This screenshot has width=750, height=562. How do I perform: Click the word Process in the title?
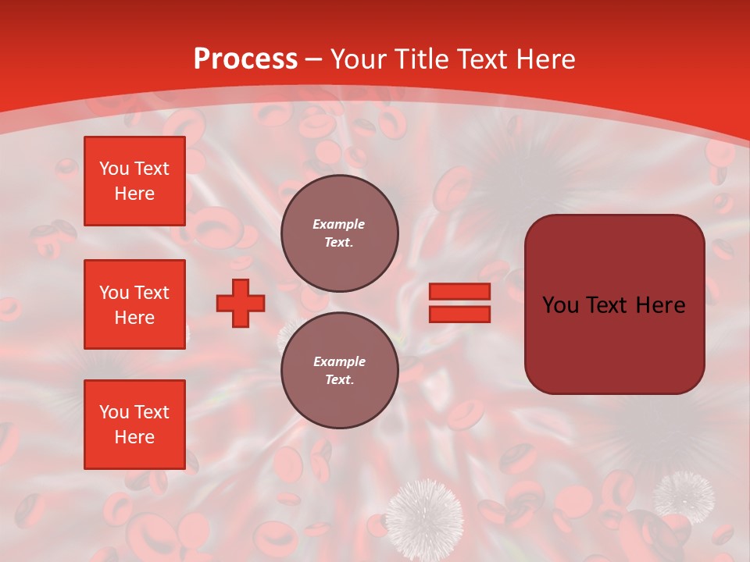(x=245, y=59)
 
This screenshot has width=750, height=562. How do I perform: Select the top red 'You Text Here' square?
(x=134, y=181)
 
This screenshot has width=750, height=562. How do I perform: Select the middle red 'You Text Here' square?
(x=134, y=304)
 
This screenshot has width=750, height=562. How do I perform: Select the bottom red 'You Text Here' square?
(x=134, y=425)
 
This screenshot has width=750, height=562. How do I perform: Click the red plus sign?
(x=241, y=303)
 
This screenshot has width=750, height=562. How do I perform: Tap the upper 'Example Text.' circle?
(x=339, y=233)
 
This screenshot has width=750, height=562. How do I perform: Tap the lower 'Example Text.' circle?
(x=339, y=370)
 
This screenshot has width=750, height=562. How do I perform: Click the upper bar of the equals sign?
(x=459, y=292)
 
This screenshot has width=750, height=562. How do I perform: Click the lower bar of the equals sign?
(x=459, y=314)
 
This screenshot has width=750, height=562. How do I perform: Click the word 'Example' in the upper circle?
(x=338, y=224)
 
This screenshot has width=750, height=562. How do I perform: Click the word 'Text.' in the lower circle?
(x=339, y=380)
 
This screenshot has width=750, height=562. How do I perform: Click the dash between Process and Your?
(x=314, y=59)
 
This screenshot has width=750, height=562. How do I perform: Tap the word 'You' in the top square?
(x=114, y=169)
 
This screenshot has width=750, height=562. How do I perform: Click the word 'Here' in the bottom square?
(x=134, y=437)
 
